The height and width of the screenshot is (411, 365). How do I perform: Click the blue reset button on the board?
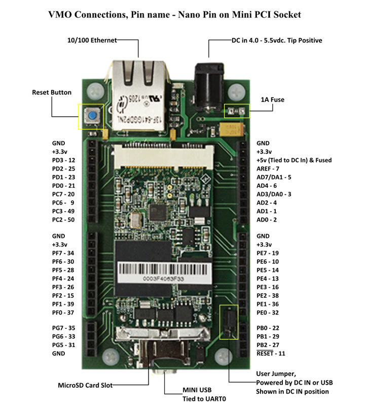coord(92,117)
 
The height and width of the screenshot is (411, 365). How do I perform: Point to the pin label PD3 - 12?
coord(63,160)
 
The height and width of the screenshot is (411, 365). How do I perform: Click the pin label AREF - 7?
coord(269,168)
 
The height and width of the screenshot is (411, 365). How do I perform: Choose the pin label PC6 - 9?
coord(63,202)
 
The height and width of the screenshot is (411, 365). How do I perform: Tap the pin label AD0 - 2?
coord(267,220)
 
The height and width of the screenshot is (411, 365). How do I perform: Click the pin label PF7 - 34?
coord(63,253)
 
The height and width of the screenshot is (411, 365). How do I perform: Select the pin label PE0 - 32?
coord(268,313)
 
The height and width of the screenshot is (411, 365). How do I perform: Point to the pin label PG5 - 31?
coord(63,345)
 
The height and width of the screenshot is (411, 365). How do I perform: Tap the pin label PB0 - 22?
coord(268,328)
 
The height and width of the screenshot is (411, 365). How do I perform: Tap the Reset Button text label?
coord(52,92)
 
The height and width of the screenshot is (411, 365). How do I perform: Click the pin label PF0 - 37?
coord(63,313)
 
